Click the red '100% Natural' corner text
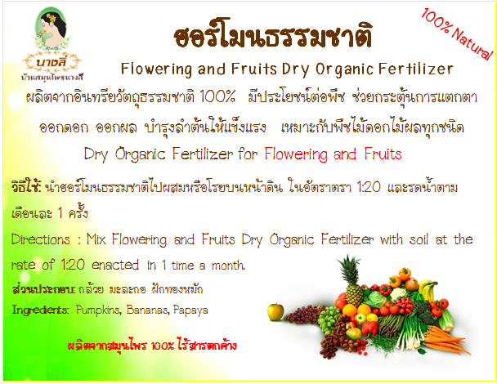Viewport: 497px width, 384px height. coord(457,33)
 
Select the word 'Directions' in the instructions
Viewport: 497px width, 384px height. coord(41,239)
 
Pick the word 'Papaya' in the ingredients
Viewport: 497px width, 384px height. coord(190,310)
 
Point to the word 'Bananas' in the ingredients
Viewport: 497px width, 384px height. coord(147,310)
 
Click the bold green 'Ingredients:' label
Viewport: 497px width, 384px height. coord(40,310)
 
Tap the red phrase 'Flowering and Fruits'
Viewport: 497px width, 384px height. coord(333,154)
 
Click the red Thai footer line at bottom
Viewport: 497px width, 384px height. coord(152,346)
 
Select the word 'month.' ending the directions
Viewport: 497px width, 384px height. coord(228,266)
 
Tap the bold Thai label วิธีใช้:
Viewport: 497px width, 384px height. coord(26,186)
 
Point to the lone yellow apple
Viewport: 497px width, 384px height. coord(275,311)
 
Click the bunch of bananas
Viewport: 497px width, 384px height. coord(428,290)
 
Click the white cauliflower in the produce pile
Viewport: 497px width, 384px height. coord(397,293)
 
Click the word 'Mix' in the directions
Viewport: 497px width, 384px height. coord(96,239)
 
